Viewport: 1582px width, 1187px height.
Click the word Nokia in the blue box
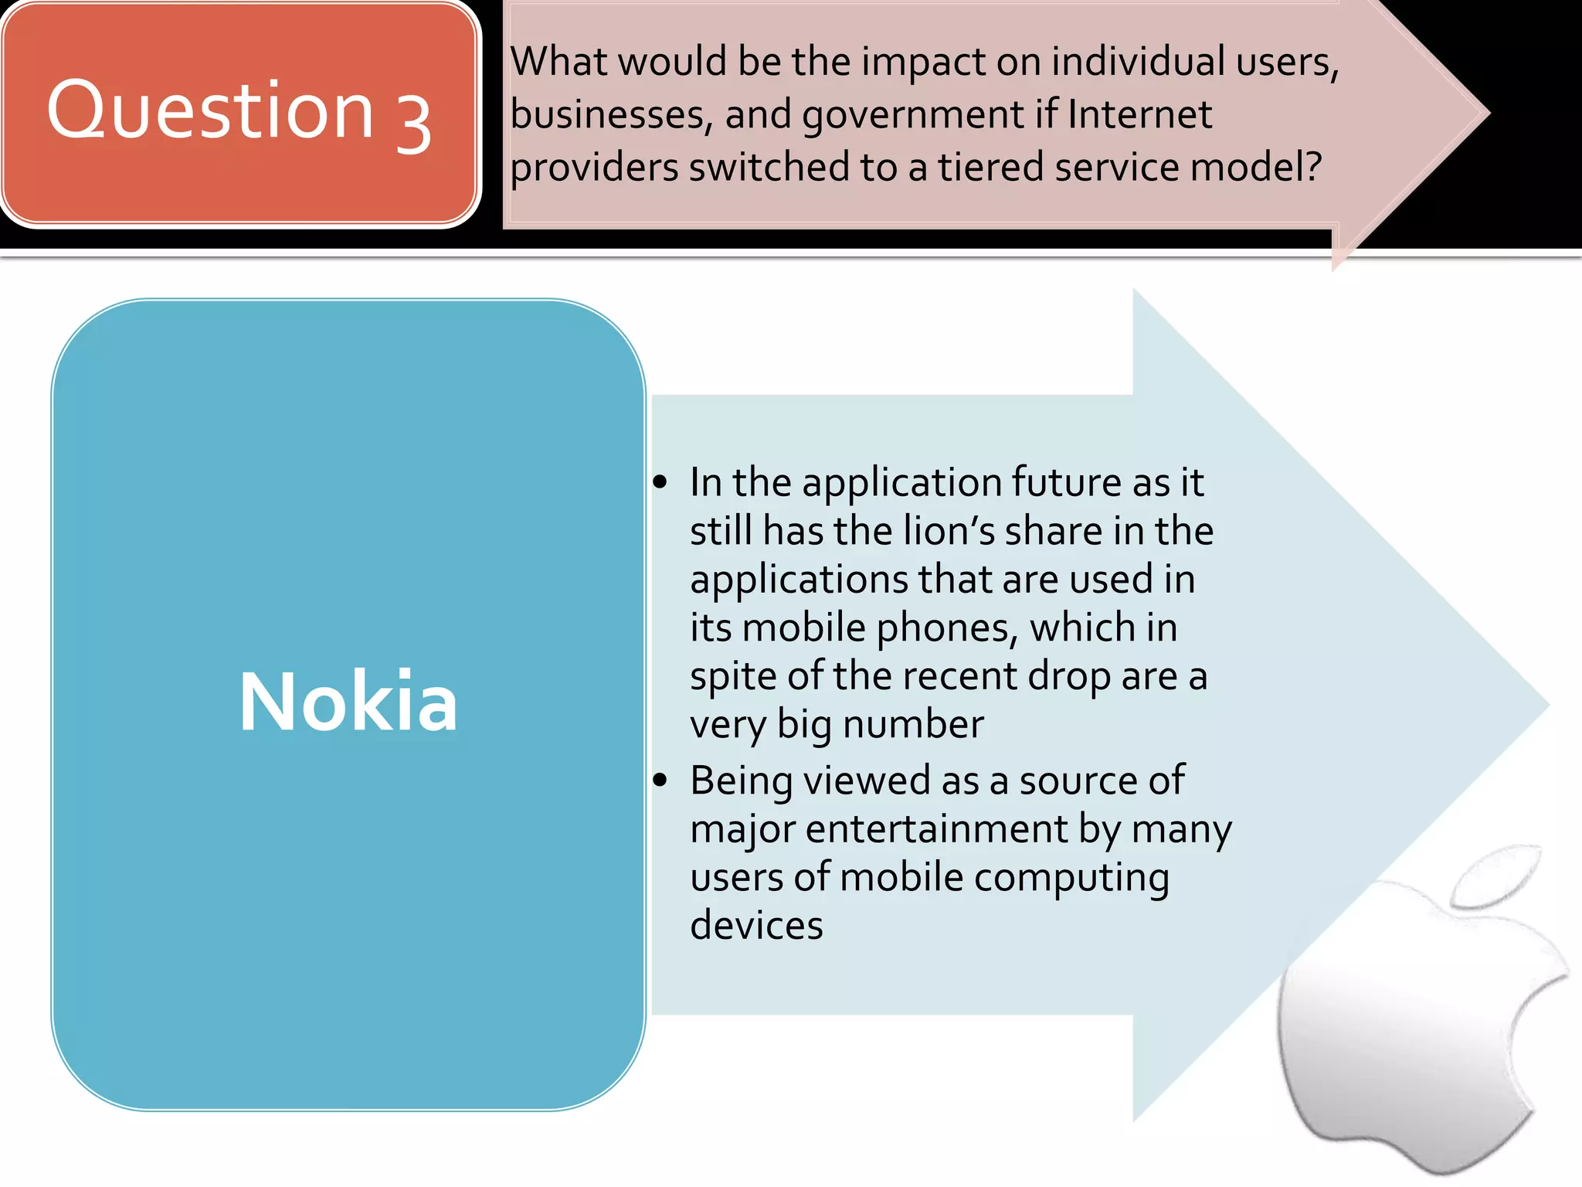point(348,701)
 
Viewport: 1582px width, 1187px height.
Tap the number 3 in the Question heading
point(413,124)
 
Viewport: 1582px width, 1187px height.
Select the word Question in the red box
point(211,111)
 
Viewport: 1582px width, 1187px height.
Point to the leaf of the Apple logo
point(1495,877)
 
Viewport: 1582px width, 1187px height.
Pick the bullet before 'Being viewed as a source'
point(660,781)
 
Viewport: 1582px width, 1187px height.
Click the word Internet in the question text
point(1139,114)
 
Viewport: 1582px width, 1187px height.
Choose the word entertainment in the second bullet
point(936,829)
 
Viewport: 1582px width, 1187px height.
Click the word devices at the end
point(756,925)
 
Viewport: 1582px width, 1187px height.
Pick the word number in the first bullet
point(913,724)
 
